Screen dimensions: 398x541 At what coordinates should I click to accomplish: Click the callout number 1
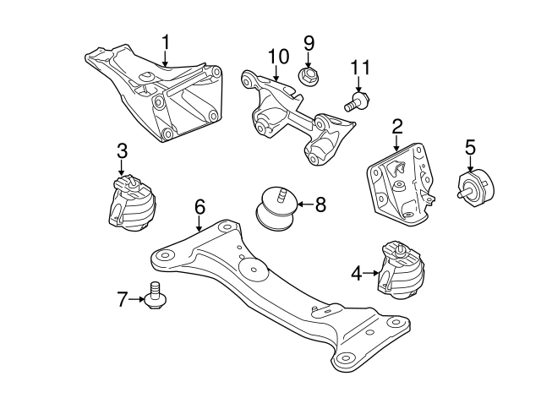click(166, 41)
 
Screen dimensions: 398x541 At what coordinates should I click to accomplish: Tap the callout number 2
click(396, 128)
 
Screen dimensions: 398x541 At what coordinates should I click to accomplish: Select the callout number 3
click(122, 152)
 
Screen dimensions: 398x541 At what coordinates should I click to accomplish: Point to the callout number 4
click(357, 273)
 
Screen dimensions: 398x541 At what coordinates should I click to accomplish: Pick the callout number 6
click(199, 206)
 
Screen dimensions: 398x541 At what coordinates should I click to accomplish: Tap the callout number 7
click(123, 298)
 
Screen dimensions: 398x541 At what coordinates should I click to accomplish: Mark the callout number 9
click(309, 42)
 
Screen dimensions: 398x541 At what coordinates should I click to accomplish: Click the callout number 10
click(279, 57)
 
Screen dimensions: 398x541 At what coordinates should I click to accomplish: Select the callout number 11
click(360, 68)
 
